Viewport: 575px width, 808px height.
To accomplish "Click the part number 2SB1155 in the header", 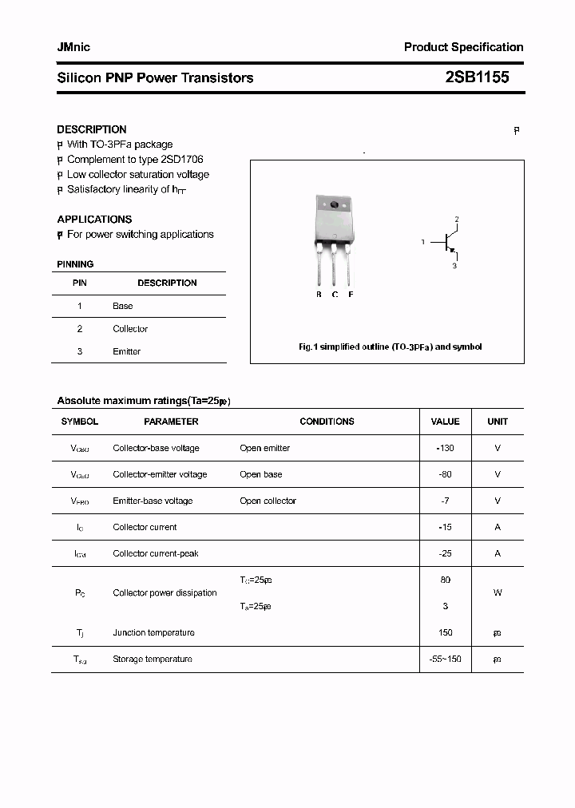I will [x=476, y=77].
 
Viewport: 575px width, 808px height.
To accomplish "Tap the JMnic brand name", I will [x=73, y=47].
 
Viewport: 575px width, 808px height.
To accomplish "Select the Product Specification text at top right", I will [x=463, y=47].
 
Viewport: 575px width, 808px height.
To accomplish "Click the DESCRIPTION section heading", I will [x=91, y=129].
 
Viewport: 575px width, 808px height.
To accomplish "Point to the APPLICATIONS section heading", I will [x=94, y=220].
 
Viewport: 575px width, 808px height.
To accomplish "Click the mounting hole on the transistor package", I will [x=335, y=205].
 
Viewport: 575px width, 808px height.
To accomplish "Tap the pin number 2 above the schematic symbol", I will [x=457, y=219].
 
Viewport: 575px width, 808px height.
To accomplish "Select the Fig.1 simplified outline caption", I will [x=390, y=347].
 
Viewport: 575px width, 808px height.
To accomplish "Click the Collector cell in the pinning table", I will [x=130, y=329].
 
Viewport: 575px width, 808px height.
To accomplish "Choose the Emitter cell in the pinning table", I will [x=126, y=351].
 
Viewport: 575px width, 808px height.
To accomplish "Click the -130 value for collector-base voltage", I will [x=445, y=448].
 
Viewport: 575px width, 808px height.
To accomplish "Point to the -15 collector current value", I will [x=445, y=527].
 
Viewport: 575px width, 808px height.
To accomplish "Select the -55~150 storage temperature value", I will [x=445, y=659].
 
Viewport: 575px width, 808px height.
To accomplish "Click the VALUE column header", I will [x=445, y=422].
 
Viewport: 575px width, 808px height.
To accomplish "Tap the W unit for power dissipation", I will [x=498, y=593].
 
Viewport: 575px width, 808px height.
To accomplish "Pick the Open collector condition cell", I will [x=268, y=501].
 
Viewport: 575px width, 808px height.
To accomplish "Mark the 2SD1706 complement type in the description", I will [x=180, y=160].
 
